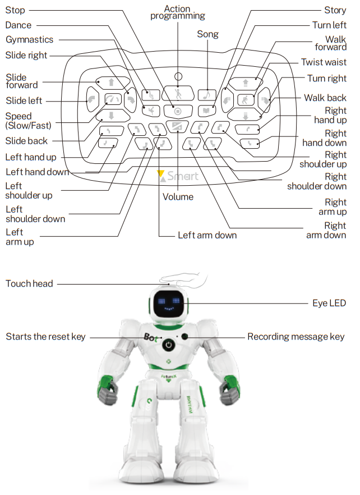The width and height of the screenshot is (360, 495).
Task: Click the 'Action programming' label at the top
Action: (x=177, y=12)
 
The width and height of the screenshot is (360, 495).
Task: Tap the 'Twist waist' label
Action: (x=324, y=62)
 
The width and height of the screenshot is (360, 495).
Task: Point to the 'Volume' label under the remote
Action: (x=178, y=197)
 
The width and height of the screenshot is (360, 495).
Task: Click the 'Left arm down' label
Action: (x=207, y=235)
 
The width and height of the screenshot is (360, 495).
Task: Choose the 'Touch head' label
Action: (x=29, y=283)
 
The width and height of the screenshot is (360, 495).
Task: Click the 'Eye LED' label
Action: (x=329, y=303)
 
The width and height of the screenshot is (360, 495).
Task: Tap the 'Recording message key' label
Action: (x=296, y=337)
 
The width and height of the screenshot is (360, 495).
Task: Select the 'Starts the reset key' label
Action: (x=45, y=337)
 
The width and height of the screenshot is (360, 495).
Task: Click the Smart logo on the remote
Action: (x=178, y=176)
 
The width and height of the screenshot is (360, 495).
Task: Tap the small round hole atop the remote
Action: (x=178, y=76)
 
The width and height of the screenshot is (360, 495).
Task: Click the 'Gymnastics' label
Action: (x=29, y=40)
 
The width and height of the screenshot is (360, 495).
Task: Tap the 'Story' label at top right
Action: (x=335, y=10)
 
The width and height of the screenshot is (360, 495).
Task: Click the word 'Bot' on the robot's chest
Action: (x=150, y=338)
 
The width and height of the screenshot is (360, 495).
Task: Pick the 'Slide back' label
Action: (x=26, y=141)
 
